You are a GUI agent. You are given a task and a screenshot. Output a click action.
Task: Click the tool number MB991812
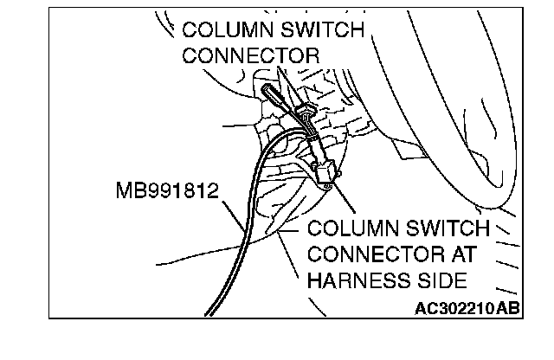point(164,190)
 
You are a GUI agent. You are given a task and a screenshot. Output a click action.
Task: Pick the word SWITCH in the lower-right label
point(445,230)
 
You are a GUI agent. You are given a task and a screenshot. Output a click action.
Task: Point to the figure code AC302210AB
point(467,306)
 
